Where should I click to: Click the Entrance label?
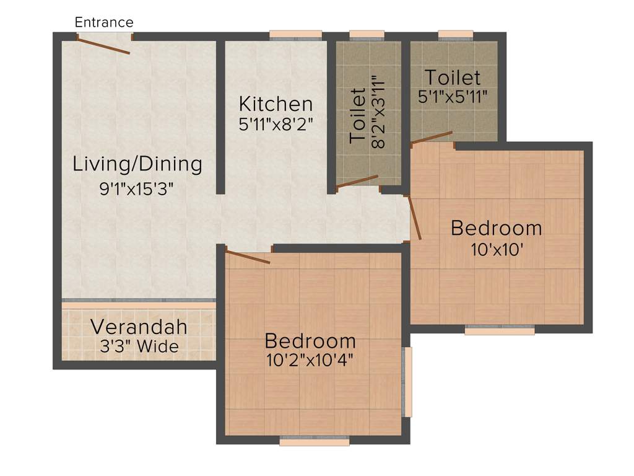click(x=103, y=23)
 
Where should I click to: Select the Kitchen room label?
click(x=276, y=104)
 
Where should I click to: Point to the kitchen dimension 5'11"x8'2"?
click(x=276, y=124)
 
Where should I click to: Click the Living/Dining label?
click(x=137, y=164)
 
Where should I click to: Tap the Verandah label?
click(x=139, y=326)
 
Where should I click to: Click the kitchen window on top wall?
click(x=295, y=35)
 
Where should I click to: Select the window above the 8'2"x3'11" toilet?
click(x=367, y=35)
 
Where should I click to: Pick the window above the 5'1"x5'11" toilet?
click(x=456, y=35)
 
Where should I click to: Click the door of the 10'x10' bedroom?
click(x=415, y=218)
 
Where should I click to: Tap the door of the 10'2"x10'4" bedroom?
click(x=248, y=257)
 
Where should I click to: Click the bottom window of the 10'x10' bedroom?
click(x=500, y=330)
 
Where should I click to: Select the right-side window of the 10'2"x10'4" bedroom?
click(x=407, y=381)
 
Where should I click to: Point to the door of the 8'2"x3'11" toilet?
click(x=357, y=181)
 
